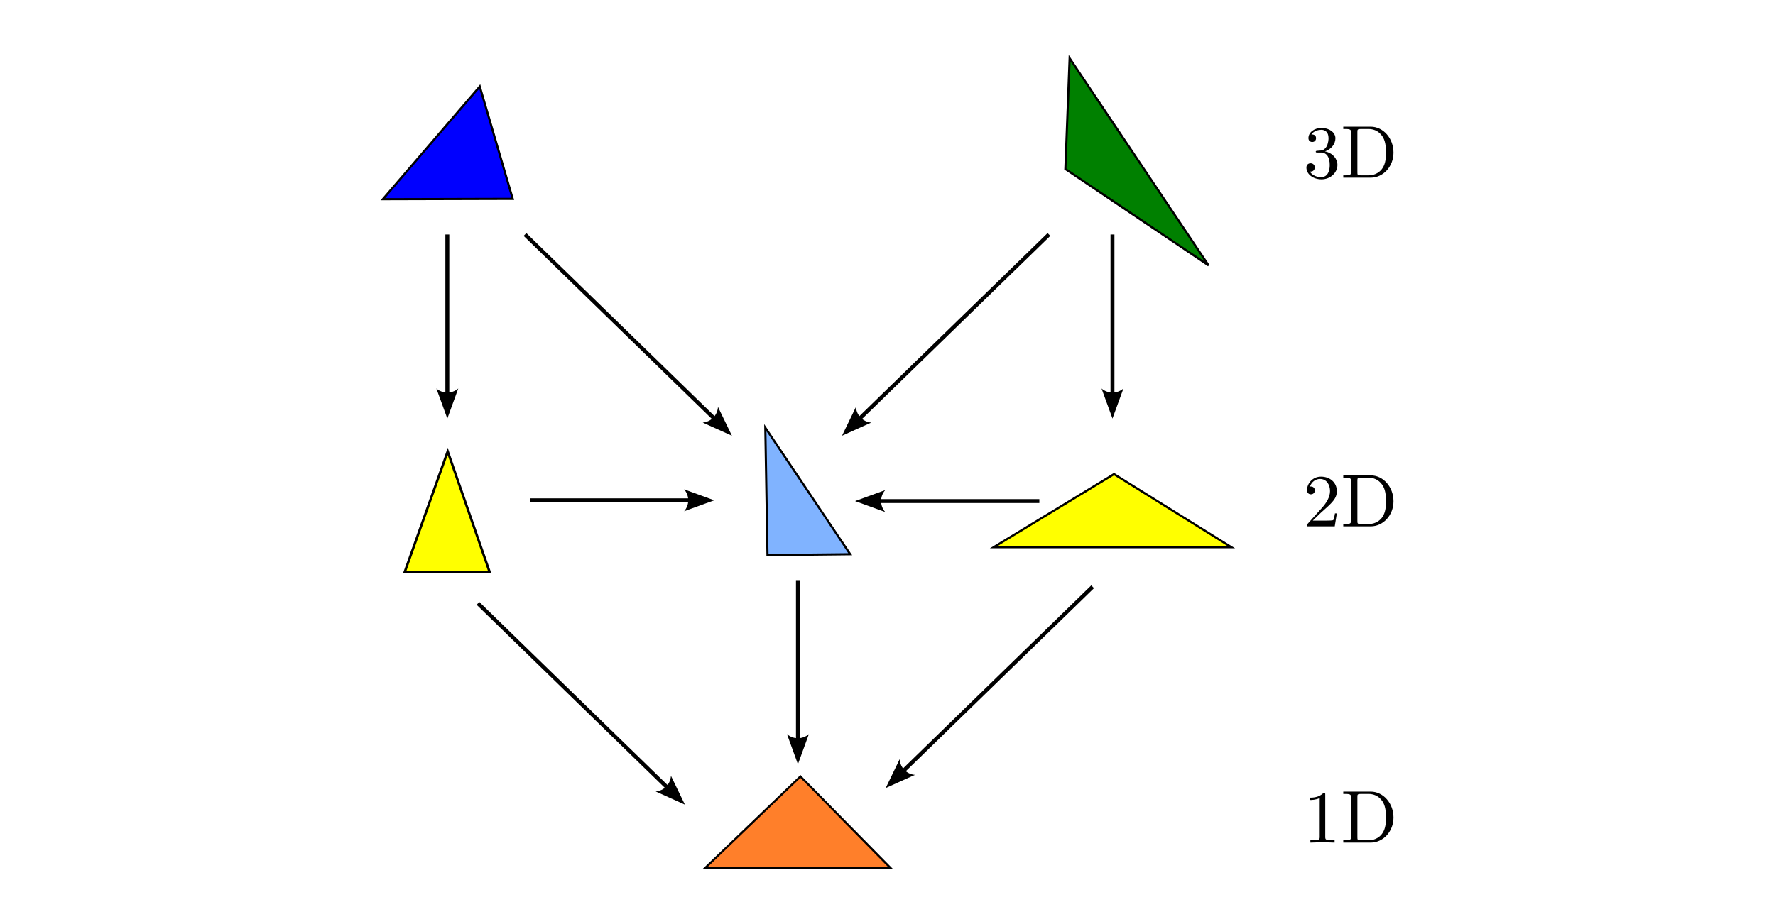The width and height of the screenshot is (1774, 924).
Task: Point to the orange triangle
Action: coord(798,833)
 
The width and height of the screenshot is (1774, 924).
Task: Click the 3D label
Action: coord(1349,153)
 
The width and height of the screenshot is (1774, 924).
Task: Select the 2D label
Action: coord(1349,501)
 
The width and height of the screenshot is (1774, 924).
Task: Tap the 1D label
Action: coord(1349,817)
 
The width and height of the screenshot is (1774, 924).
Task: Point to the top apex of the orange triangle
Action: coord(800,778)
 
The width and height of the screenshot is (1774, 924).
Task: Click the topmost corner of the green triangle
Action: coord(1070,58)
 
